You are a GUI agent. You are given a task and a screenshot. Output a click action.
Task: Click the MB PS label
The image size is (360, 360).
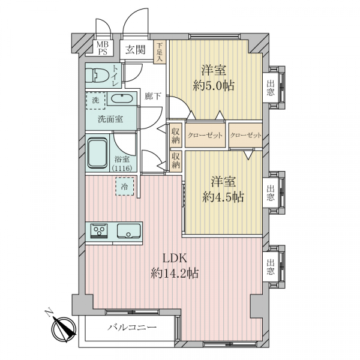tap(103, 48)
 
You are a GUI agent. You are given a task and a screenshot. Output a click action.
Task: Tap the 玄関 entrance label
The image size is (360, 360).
tap(136, 50)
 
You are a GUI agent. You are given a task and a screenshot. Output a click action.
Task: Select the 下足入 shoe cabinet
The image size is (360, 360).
tap(160, 52)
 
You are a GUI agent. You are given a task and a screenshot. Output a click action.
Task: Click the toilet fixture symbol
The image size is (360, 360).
tap(97, 75)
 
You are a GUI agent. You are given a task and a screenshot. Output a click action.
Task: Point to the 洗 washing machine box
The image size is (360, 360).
tap(95, 101)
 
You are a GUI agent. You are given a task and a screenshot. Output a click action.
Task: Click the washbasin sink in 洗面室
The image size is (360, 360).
tap(122, 99)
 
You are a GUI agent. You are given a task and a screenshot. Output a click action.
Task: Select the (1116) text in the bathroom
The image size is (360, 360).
tap(122, 169)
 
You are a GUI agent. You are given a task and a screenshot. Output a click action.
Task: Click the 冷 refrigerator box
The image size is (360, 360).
tap(125, 187)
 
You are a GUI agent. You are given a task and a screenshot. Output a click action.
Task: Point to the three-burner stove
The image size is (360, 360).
tap(99, 231)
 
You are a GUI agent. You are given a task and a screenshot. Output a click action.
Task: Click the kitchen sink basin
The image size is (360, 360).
tap(129, 231)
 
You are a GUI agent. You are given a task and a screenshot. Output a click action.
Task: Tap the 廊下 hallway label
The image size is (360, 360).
tap(152, 96)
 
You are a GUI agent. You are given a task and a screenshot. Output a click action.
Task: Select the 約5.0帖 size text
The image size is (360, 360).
tap(214, 86)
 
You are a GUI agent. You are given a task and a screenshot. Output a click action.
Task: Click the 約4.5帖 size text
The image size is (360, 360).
tap(223, 197)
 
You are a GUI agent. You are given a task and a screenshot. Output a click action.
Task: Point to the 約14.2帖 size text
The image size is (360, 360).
tap(175, 273)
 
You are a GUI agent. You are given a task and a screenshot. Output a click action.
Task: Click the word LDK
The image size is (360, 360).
tap(175, 259)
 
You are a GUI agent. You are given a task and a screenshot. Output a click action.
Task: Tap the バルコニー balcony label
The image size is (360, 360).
tap(133, 327)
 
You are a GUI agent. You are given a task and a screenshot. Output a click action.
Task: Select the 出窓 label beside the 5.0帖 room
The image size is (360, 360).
tap(271, 88)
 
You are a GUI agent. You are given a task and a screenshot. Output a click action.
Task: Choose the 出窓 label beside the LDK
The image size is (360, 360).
tap(271, 267)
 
